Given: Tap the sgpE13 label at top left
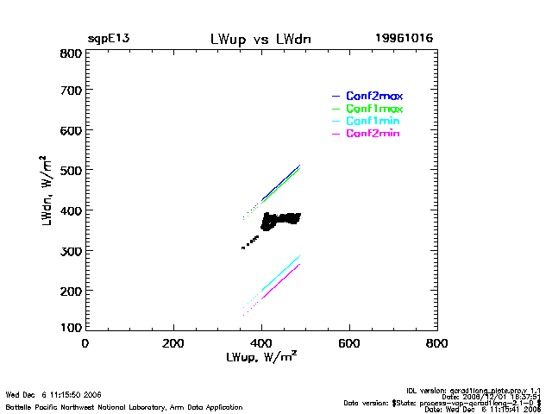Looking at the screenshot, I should tap(109, 40).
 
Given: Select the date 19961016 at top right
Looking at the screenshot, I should tap(404, 40).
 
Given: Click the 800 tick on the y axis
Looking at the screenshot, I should tap(71, 53).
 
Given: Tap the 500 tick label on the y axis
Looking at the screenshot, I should tap(71, 171).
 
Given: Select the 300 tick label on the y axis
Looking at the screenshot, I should tap(71, 251).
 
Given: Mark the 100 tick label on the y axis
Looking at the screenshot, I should tap(71, 328).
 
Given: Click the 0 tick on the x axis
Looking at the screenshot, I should tap(85, 343).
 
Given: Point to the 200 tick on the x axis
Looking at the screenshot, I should tap(173, 343).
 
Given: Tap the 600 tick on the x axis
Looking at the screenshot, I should tap(349, 343).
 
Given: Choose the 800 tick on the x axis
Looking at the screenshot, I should tap(437, 343).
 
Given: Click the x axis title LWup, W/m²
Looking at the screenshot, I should tap(261, 356).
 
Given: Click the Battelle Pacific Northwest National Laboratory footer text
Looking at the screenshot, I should tap(123, 406).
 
